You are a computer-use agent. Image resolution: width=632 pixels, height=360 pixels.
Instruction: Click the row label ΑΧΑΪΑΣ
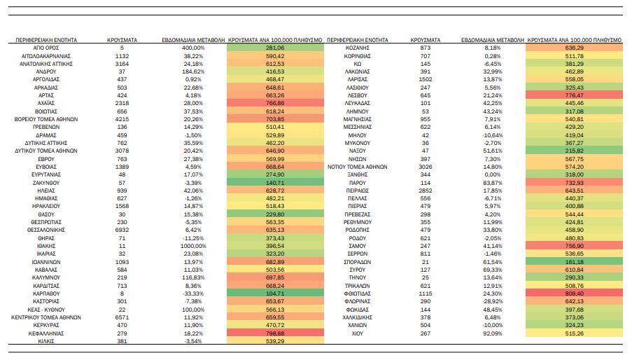[x=46, y=103]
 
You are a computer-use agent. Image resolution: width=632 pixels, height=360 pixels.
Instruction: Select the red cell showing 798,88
[x=275, y=333]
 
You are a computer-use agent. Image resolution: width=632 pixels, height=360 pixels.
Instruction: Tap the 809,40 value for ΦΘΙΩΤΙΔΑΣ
[x=575, y=293]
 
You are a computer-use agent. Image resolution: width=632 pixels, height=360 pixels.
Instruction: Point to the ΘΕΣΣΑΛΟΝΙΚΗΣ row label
[x=46, y=230]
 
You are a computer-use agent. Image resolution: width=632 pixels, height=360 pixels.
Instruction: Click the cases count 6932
[x=122, y=230]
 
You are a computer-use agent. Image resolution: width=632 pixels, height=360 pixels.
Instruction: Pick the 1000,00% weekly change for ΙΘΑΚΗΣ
[x=193, y=246]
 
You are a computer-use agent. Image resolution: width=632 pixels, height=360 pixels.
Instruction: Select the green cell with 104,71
[x=275, y=293]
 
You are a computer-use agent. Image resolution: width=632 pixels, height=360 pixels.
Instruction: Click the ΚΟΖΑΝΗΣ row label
[x=357, y=48]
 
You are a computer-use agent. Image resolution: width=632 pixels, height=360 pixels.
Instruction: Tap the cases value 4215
[x=122, y=119]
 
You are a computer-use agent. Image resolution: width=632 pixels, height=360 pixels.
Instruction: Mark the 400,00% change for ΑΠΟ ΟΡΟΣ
[x=193, y=48]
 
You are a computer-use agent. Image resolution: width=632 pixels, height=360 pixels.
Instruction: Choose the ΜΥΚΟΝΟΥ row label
[x=357, y=143]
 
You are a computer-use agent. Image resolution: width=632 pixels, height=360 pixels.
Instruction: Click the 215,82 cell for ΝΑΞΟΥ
[x=575, y=151]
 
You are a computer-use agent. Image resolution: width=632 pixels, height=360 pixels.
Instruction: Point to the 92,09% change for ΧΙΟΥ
[x=493, y=333]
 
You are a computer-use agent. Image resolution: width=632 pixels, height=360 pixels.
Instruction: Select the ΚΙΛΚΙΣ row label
[x=46, y=341]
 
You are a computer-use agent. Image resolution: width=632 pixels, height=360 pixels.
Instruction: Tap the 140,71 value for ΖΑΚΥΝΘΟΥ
[x=275, y=183]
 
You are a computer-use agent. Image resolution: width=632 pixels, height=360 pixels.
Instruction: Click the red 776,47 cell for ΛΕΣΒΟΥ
[x=575, y=95]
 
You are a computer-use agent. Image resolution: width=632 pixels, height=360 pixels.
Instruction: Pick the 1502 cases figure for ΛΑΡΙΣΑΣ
[x=426, y=79]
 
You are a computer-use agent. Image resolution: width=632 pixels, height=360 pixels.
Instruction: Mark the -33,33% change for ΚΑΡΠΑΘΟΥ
[x=193, y=293]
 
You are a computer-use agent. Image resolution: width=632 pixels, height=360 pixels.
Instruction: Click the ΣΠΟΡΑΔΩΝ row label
[x=357, y=262]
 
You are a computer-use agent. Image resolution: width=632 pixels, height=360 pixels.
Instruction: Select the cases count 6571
[x=122, y=317]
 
